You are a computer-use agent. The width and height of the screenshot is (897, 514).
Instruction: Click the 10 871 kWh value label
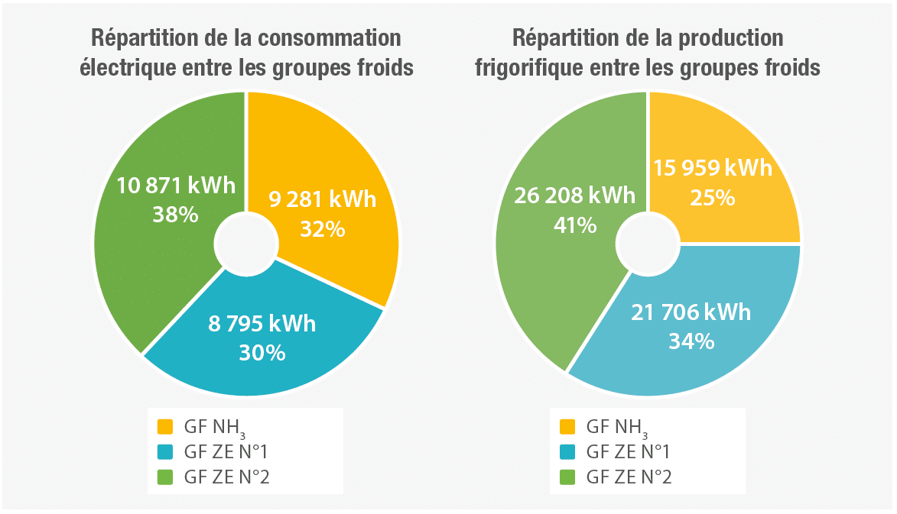click(x=175, y=186)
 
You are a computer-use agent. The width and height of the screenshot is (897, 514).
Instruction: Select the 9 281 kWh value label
click(x=322, y=200)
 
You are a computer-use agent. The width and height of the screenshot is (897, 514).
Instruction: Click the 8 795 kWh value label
click(x=262, y=324)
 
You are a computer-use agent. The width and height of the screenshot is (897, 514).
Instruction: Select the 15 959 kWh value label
click(x=713, y=168)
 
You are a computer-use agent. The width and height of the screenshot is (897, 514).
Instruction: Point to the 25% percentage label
click(x=713, y=197)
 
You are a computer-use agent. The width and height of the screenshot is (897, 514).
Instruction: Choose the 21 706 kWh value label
click(x=691, y=312)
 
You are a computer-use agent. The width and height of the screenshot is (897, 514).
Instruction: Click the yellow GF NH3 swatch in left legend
click(x=165, y=425)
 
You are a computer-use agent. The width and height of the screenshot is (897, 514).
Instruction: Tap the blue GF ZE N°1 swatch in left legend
click(x=165, y=451)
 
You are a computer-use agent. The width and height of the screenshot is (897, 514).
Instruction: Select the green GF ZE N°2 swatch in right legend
click(x=567, y=477)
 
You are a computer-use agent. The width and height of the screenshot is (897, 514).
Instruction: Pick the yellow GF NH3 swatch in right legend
click(x=567, y=425)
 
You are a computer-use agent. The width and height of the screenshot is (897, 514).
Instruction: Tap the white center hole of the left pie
click(x=246, y=243)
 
